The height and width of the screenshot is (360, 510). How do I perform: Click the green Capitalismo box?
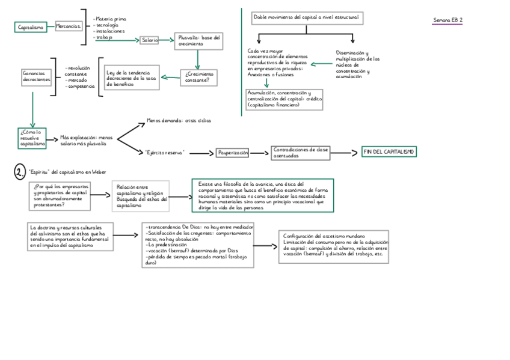click(30, 27)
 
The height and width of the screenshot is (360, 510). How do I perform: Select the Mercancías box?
click(68, 26)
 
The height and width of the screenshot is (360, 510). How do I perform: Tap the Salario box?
click(149, 40)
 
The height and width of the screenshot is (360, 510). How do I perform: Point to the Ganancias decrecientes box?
click(37, 76)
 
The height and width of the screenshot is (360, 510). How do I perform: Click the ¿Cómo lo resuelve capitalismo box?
click(32, 138)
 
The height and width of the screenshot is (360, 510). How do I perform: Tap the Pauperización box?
click(232, 153)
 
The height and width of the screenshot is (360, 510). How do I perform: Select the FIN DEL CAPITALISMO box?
click(389, 152)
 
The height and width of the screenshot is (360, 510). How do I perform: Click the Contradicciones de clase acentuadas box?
click(300, 153)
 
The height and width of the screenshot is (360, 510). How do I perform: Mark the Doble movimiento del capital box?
click(306, 19)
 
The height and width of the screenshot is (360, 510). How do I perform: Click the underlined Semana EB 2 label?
click(448, 20)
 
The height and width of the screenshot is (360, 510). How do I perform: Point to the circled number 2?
click(20, 172)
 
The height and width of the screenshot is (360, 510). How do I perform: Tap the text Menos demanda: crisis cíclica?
click(179, 120)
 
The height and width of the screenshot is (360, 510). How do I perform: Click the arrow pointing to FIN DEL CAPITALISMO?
click(345, 153)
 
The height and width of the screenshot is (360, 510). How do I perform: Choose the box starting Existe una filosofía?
click(263, 195)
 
